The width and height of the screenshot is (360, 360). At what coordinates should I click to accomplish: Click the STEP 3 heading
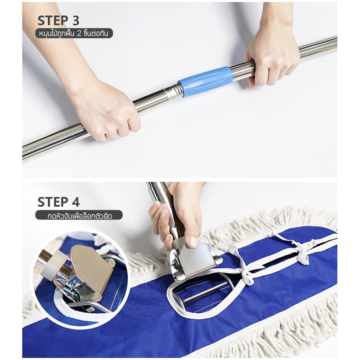58,20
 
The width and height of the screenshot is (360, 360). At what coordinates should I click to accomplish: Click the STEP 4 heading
58,202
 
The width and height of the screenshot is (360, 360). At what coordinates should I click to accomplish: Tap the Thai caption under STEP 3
74,33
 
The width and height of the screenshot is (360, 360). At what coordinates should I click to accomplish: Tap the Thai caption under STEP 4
79,215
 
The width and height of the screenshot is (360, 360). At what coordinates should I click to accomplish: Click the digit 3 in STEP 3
75,20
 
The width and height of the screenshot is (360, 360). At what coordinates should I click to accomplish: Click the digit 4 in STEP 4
75,202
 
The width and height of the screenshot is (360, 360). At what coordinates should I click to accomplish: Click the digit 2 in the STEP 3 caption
79,34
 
